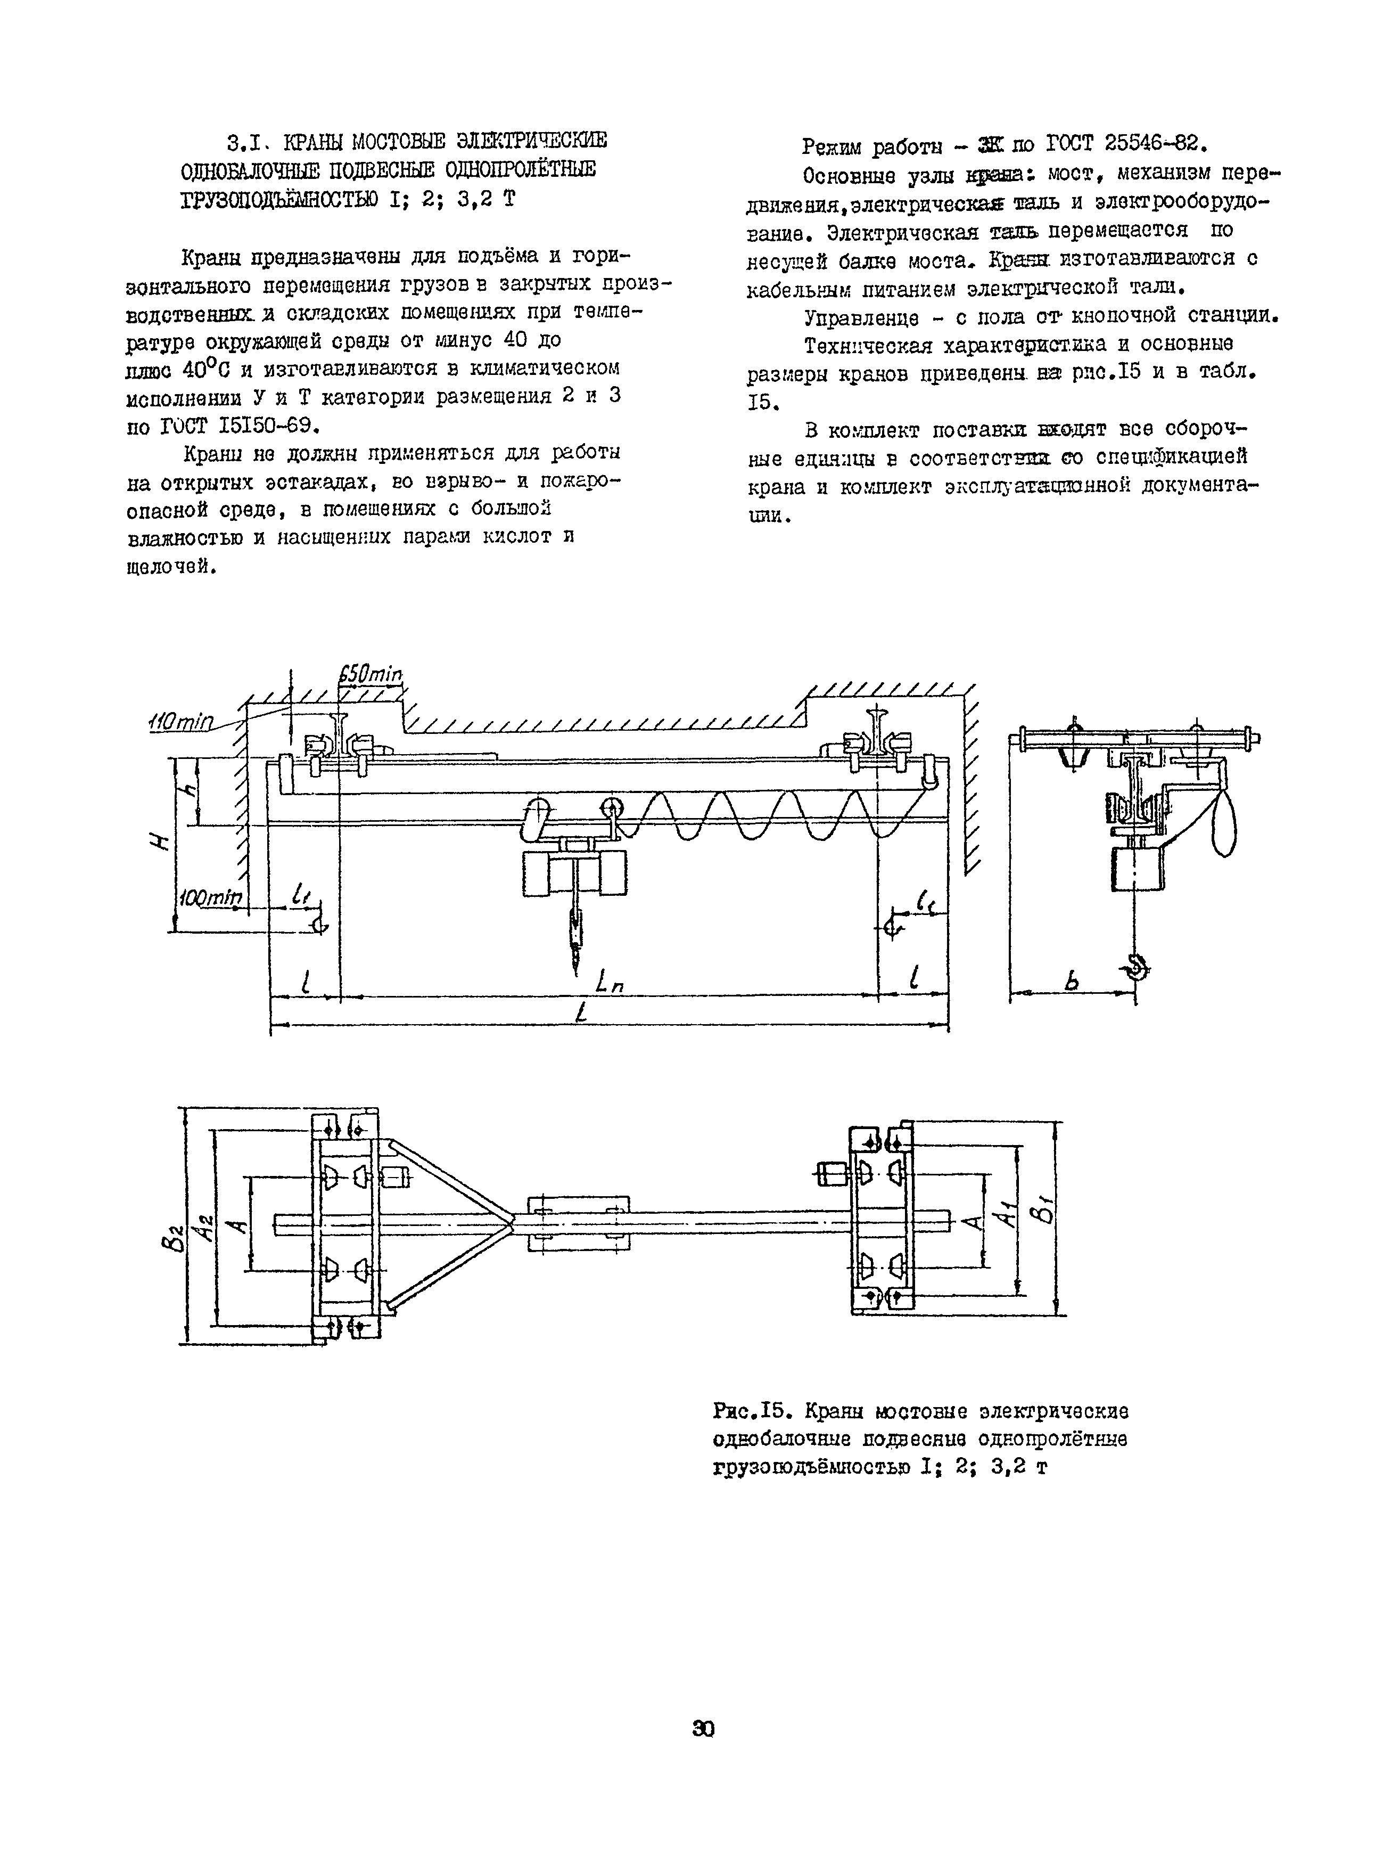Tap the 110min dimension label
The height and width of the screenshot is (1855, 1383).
pos(182,721)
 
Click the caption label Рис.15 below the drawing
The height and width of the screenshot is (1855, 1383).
pos(752,1411)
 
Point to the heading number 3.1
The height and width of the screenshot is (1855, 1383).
pos(246,140)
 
